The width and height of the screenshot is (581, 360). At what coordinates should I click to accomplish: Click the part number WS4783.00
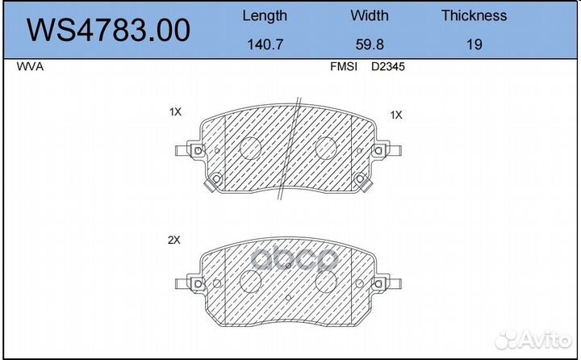click(109, 31)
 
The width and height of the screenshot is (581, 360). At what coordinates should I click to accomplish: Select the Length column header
click(264, 15)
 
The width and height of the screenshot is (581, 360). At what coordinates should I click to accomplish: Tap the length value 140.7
click(264, 45)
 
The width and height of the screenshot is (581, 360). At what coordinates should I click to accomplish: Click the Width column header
click(369, 15)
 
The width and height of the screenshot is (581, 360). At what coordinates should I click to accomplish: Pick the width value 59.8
click(369, 45)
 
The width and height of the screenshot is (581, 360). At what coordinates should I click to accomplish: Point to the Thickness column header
click(474, 15)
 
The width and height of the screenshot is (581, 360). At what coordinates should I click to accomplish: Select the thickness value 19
click(474, 45)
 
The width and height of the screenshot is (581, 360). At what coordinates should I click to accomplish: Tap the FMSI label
click(344, 68)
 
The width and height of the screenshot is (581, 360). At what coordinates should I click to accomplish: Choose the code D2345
click(387, 68)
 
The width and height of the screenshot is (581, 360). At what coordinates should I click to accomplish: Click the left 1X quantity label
click(175, 112)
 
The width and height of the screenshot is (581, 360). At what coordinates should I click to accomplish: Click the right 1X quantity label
click(395, 115)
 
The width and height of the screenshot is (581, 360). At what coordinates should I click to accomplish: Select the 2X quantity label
click(174, 241)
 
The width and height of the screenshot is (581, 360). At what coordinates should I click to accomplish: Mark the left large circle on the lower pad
click(251, 282)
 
